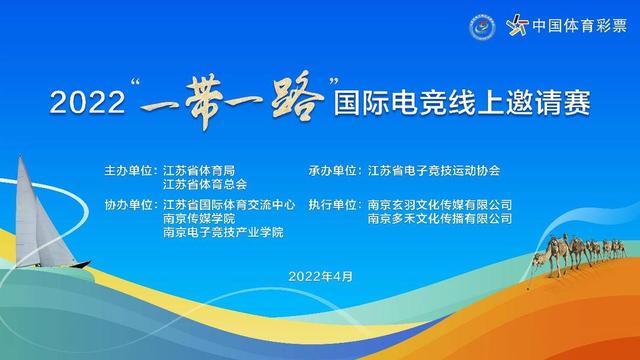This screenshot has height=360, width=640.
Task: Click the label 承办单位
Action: tap(336, 171)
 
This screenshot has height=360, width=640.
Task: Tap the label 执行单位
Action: tap(336, 204)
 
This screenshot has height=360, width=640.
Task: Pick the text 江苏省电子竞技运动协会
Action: tap(433, 171)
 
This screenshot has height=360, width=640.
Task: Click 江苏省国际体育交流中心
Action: tap(229, 204)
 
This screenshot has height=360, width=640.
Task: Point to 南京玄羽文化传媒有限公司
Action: tap(440, 204)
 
